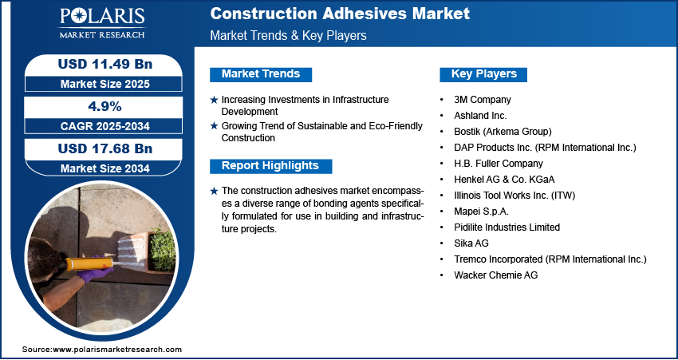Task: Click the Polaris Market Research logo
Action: coord(102,22)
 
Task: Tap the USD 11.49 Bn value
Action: coord(105,64)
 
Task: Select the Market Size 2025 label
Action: coord(105,84)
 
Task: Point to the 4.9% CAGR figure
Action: coord(105,106)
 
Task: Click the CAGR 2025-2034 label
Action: coord(105,126)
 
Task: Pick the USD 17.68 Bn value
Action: coord(105,148)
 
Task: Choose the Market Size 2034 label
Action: coord(105,168)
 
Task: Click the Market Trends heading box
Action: coord(261,74)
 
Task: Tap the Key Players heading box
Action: coord(484,74)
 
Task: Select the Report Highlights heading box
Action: coord(270,166)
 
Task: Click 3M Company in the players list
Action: coord(482,100)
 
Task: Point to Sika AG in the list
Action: coord(471,243)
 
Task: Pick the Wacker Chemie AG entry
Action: coord(495,275)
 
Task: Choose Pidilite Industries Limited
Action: coord(507,227)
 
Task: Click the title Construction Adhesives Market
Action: coord(340,14)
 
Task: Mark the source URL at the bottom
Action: coord(102,349)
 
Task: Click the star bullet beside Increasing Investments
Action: coord(214,100)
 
